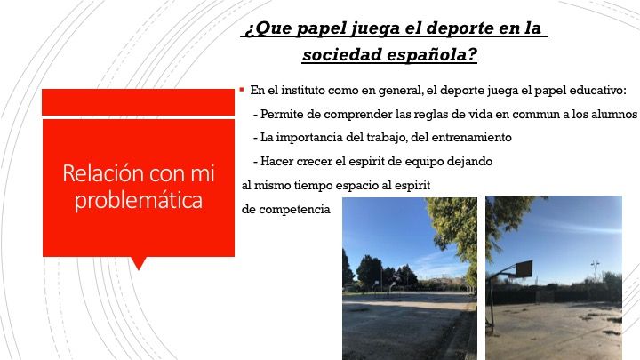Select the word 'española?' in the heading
431,55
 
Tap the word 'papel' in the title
321,29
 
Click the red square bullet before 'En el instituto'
242,89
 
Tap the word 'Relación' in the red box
104,173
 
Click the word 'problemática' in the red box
139,200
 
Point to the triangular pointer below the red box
139,264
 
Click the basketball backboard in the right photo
524,268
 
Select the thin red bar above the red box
138,102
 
